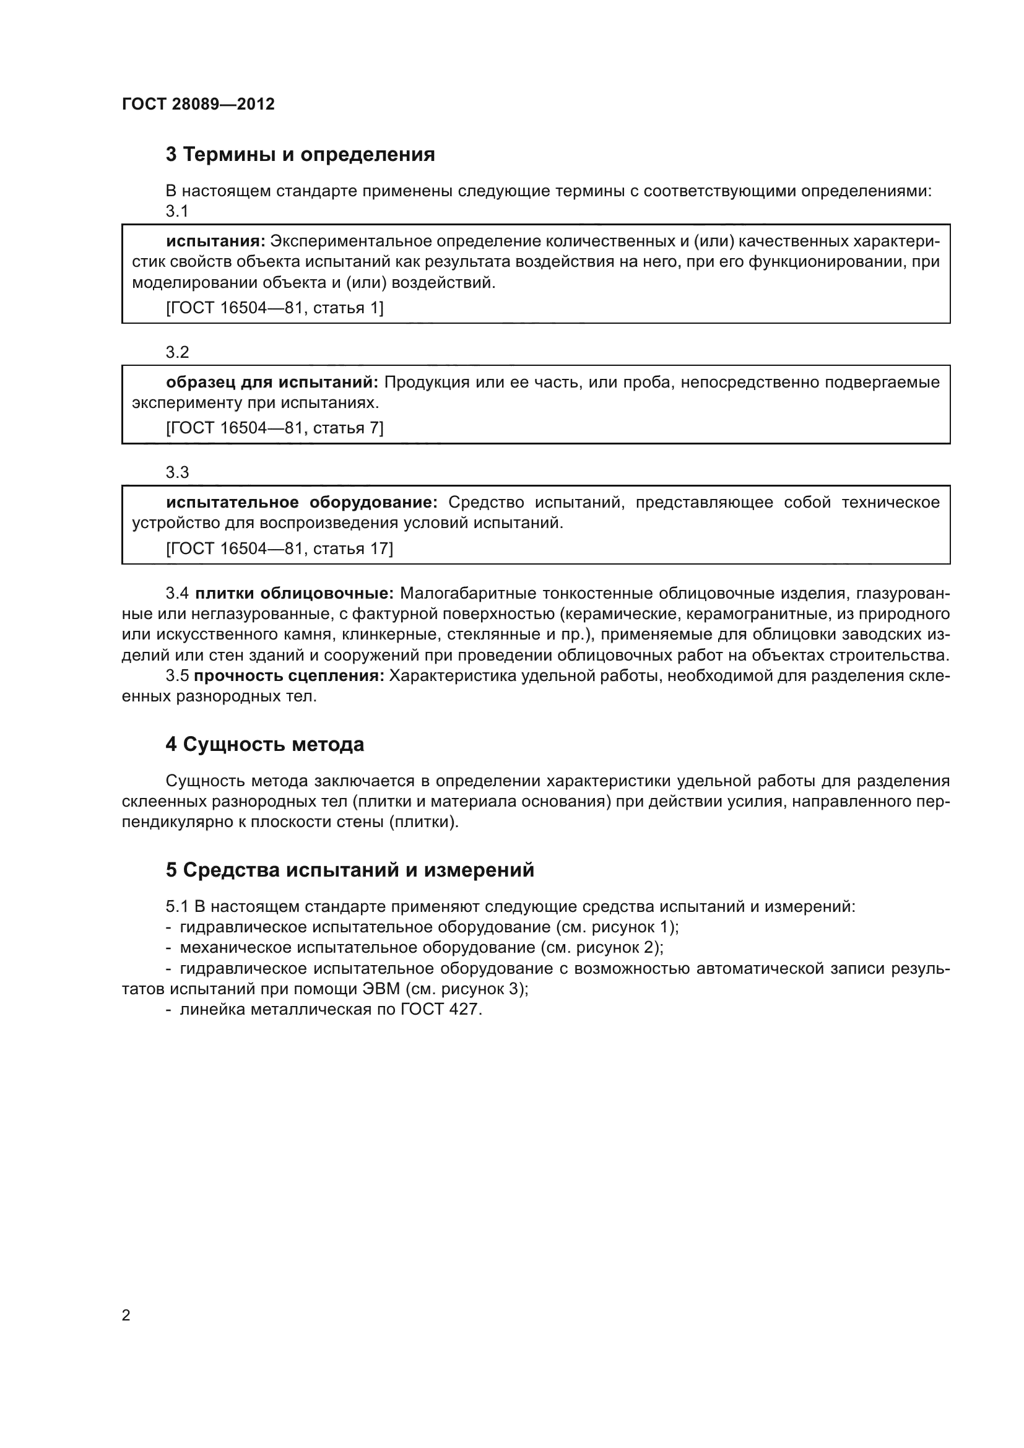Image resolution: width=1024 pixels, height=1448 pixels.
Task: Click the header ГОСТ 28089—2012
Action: pos(198,104)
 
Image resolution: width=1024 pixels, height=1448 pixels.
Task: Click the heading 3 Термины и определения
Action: pos(300,155)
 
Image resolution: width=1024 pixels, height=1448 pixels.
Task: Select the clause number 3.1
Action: pos(177,211)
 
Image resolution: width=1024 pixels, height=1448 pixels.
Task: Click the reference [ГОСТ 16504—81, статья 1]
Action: pos(274,308)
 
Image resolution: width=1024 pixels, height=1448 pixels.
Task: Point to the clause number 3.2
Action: pos(177,352)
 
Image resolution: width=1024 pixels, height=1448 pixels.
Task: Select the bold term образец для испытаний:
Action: pos(272,382)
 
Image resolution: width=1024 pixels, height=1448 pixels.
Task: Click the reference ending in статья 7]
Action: pos(274,428)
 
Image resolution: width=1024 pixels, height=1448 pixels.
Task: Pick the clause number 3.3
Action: pos(177,472)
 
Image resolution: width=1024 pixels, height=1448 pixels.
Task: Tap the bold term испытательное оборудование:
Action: pos(302,503)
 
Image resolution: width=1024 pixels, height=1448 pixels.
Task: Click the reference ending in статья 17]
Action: pos(279,548)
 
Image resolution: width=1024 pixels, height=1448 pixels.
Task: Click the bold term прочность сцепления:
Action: pos(289,676)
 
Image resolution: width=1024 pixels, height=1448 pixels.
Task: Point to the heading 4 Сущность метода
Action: pos(265,745)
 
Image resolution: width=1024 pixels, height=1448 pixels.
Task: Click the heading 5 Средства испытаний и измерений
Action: pos(349,870)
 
